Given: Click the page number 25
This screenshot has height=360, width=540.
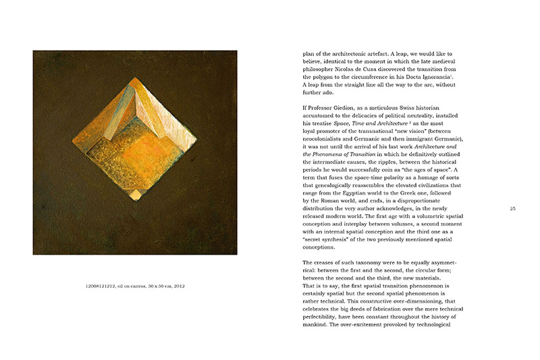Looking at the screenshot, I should point(513,209).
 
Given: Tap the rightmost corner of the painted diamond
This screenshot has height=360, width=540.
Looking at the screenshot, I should point(202,134).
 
